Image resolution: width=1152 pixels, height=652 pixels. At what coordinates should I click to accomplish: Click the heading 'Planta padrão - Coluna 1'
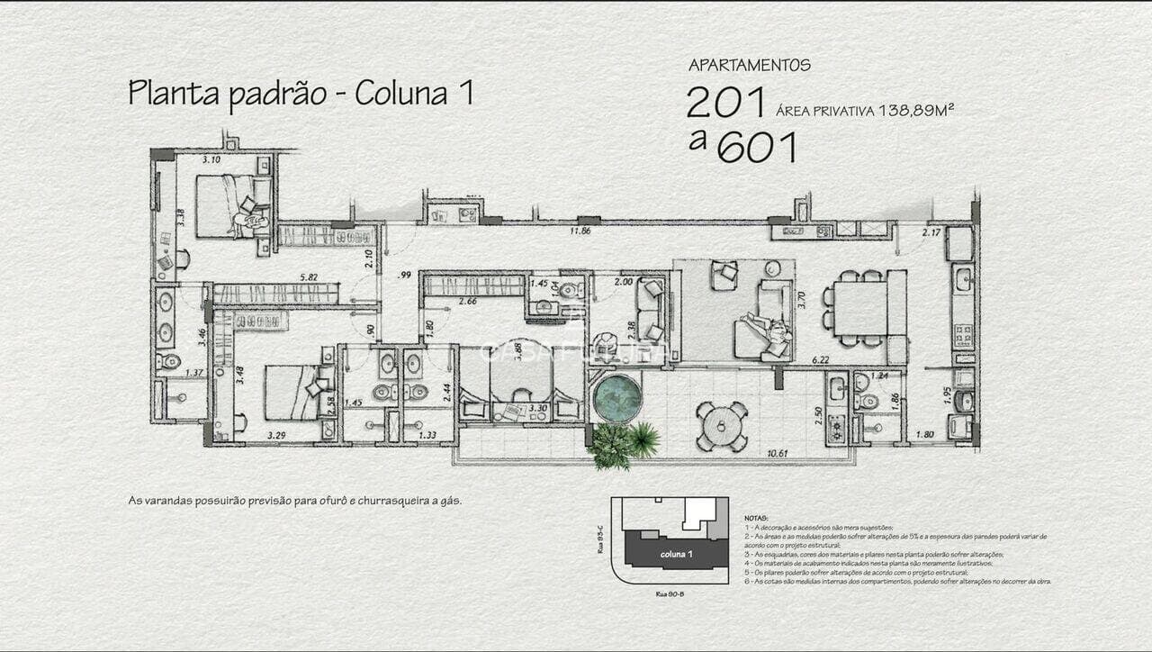[301, 94]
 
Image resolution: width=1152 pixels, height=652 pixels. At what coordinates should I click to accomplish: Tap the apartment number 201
[725, 103]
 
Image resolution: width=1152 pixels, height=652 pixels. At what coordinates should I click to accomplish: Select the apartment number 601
[757, 147]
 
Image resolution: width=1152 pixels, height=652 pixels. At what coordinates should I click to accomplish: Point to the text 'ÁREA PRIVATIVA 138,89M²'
[864, 111]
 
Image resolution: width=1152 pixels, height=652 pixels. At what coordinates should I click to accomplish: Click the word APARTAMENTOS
[750, 66]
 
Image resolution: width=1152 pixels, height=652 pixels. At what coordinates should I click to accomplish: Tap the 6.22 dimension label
[820, 360]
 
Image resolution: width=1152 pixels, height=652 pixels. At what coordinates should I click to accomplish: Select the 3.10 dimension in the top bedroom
[211, 160]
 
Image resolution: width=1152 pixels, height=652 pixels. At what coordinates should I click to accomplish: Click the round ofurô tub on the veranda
[618, 397]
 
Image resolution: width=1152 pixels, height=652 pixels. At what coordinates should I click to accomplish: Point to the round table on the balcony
[722, 425]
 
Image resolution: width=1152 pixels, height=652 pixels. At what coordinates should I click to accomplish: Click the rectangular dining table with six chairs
[859, 309]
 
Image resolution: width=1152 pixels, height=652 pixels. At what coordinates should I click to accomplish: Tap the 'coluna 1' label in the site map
[676, 554]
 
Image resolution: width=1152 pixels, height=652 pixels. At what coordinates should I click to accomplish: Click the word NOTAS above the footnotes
[756, 519]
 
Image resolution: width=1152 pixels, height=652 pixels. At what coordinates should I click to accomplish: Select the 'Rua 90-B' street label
[670, 593]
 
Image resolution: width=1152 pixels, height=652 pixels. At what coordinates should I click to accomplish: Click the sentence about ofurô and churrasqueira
[295, 501]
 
